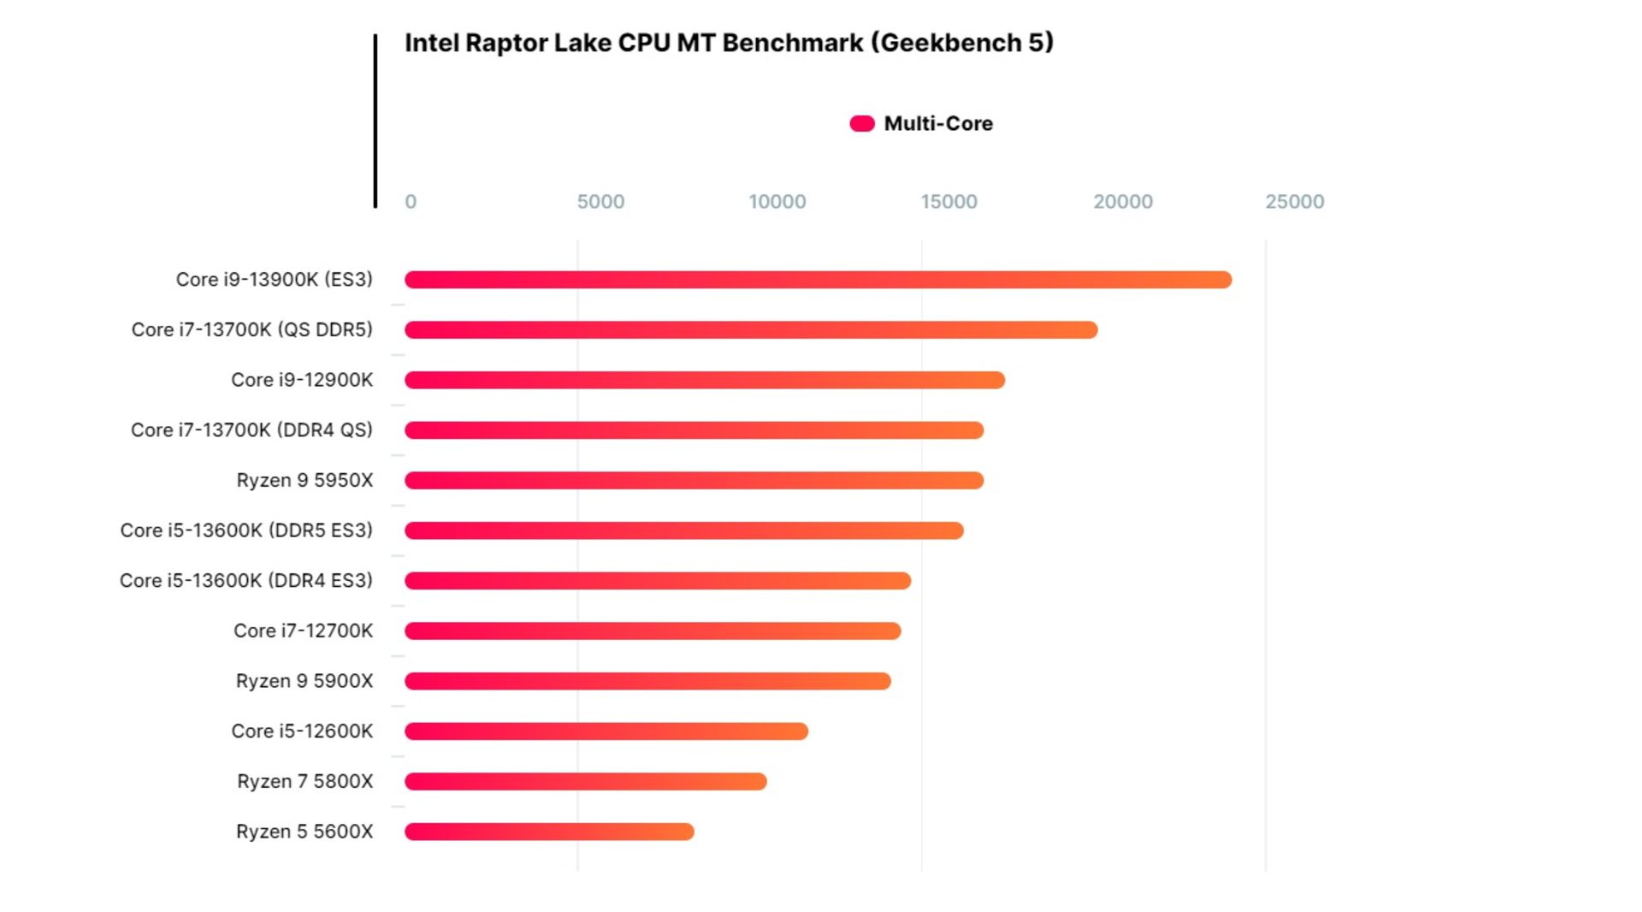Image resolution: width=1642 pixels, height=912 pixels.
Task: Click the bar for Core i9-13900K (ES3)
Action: tap(818, 280)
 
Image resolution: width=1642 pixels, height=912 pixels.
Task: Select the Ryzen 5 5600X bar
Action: tap(549, 832)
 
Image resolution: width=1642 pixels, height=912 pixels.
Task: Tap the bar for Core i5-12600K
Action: tap(606, 731)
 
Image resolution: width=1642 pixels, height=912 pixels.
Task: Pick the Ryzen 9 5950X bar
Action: tap(694, 481)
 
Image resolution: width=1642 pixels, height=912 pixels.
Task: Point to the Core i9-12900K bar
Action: tap(705, 380)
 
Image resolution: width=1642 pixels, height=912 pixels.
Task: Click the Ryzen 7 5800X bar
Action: tap(586, 781)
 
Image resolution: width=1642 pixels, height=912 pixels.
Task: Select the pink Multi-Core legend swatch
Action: tap(862, 124)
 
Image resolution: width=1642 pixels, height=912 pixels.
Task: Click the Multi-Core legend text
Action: tap(938, 124)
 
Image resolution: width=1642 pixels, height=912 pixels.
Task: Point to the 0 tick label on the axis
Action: tap(410, 202)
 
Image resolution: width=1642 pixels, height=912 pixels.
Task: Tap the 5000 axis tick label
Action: tap(600, 202)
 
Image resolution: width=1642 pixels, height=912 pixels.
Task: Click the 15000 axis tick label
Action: tap(948, 202)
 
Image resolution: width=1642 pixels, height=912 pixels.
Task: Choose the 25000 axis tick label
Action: tap(1294, 202)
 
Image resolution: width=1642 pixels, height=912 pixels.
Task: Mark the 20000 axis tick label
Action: tap(1122, 202)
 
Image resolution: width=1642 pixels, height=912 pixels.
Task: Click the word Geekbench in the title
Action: tap(951, 43)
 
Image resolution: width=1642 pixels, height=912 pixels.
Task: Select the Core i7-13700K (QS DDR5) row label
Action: tap(251, 330)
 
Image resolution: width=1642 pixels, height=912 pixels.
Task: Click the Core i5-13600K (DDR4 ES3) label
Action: tap(245, 581)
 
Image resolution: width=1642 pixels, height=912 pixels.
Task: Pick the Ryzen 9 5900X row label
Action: tap(304, 681)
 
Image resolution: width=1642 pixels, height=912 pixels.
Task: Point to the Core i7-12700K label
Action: tap(303, 631)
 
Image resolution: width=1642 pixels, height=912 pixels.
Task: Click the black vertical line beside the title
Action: tap(375, 121)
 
